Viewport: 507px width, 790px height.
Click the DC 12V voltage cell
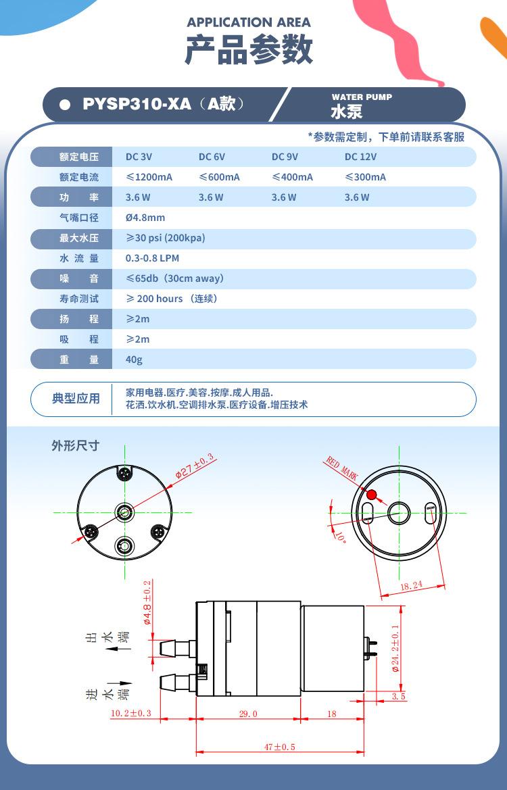pos(360,157)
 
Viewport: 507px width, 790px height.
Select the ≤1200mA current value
pos(149,177)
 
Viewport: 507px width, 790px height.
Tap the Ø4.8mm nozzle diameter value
pos(145,218)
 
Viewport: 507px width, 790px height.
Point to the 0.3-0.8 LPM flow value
pos(152,258)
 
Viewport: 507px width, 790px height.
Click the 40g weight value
pos(134,360)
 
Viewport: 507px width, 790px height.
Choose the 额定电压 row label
pos(79,157)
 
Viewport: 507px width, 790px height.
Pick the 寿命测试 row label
pos(79,299)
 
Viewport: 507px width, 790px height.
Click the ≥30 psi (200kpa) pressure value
pos(165,238)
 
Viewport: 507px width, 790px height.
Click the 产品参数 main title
pos(249,50)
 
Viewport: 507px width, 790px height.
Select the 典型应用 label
pos(76,399)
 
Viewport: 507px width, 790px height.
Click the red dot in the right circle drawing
pos(371,494)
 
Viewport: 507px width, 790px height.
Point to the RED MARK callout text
pos(342,468)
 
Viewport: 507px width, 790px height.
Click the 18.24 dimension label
pos(411,585)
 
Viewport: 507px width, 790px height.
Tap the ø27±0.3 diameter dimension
pos(195,466)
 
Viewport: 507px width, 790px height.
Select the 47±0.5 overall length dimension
pos(281,747)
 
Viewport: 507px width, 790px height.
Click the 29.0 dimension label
pos(248,714)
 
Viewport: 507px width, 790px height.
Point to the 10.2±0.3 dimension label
pos(130,714)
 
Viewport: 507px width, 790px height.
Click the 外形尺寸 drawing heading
pos(76,445)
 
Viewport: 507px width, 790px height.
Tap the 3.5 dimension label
pos(399,695)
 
